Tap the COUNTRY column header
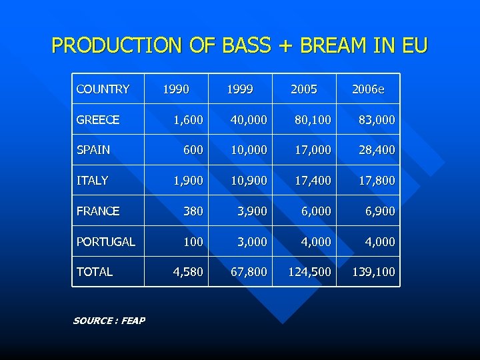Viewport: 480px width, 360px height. pos(103,89)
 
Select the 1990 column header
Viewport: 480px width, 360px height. pos(175,89)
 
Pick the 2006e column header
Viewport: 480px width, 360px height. pos(368,89)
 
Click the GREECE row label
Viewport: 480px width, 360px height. pos(98,120)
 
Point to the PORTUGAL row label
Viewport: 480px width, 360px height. pos(105,241)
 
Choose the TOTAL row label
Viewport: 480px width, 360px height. pos(95,271)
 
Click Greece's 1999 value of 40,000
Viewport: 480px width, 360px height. pos(249,120)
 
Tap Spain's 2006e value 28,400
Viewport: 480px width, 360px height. pos(377,150)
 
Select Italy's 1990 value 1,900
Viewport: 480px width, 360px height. pos(188,180)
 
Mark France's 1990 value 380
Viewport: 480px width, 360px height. pos(193,211)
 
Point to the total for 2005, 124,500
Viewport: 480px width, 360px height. pos(309,271)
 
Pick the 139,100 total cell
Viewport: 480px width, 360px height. pos(373,271)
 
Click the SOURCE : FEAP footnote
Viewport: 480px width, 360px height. pos(109,321)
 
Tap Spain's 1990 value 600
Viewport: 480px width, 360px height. pos(193,150)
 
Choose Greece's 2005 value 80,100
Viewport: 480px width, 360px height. pos(313,120)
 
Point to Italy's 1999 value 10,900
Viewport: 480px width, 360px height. pos(249,180)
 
